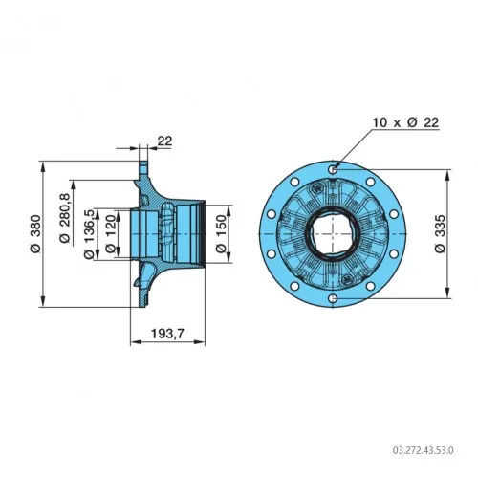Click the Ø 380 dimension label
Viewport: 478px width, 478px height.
click(36, 234)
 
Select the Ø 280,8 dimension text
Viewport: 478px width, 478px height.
click(65, 218)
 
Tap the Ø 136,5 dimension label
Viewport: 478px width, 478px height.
click(89, 234)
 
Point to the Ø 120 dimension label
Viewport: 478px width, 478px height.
click(110, 234)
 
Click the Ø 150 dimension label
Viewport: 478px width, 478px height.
click(221, 234)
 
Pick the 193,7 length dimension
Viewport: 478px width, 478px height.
click(167, 334)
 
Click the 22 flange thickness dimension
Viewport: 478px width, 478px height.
click(165, 141)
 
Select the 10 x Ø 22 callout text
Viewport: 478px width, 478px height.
click(405, 122)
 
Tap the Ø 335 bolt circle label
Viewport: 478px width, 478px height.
click(440, 234)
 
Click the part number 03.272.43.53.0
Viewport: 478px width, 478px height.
click(423, 450)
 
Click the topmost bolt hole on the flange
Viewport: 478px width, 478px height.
click(333, 169)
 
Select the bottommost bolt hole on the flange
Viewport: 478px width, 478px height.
click(333, 298)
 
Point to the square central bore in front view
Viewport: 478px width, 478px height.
click(333, 233)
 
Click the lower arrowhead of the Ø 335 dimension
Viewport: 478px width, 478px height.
click(448, 293)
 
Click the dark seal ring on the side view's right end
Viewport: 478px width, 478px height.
click(202, 234)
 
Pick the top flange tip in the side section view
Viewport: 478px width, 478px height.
click(144, 163)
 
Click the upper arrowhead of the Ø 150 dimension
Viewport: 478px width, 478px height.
click(228, 210)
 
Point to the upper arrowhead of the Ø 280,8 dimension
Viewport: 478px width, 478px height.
click(74, 185)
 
